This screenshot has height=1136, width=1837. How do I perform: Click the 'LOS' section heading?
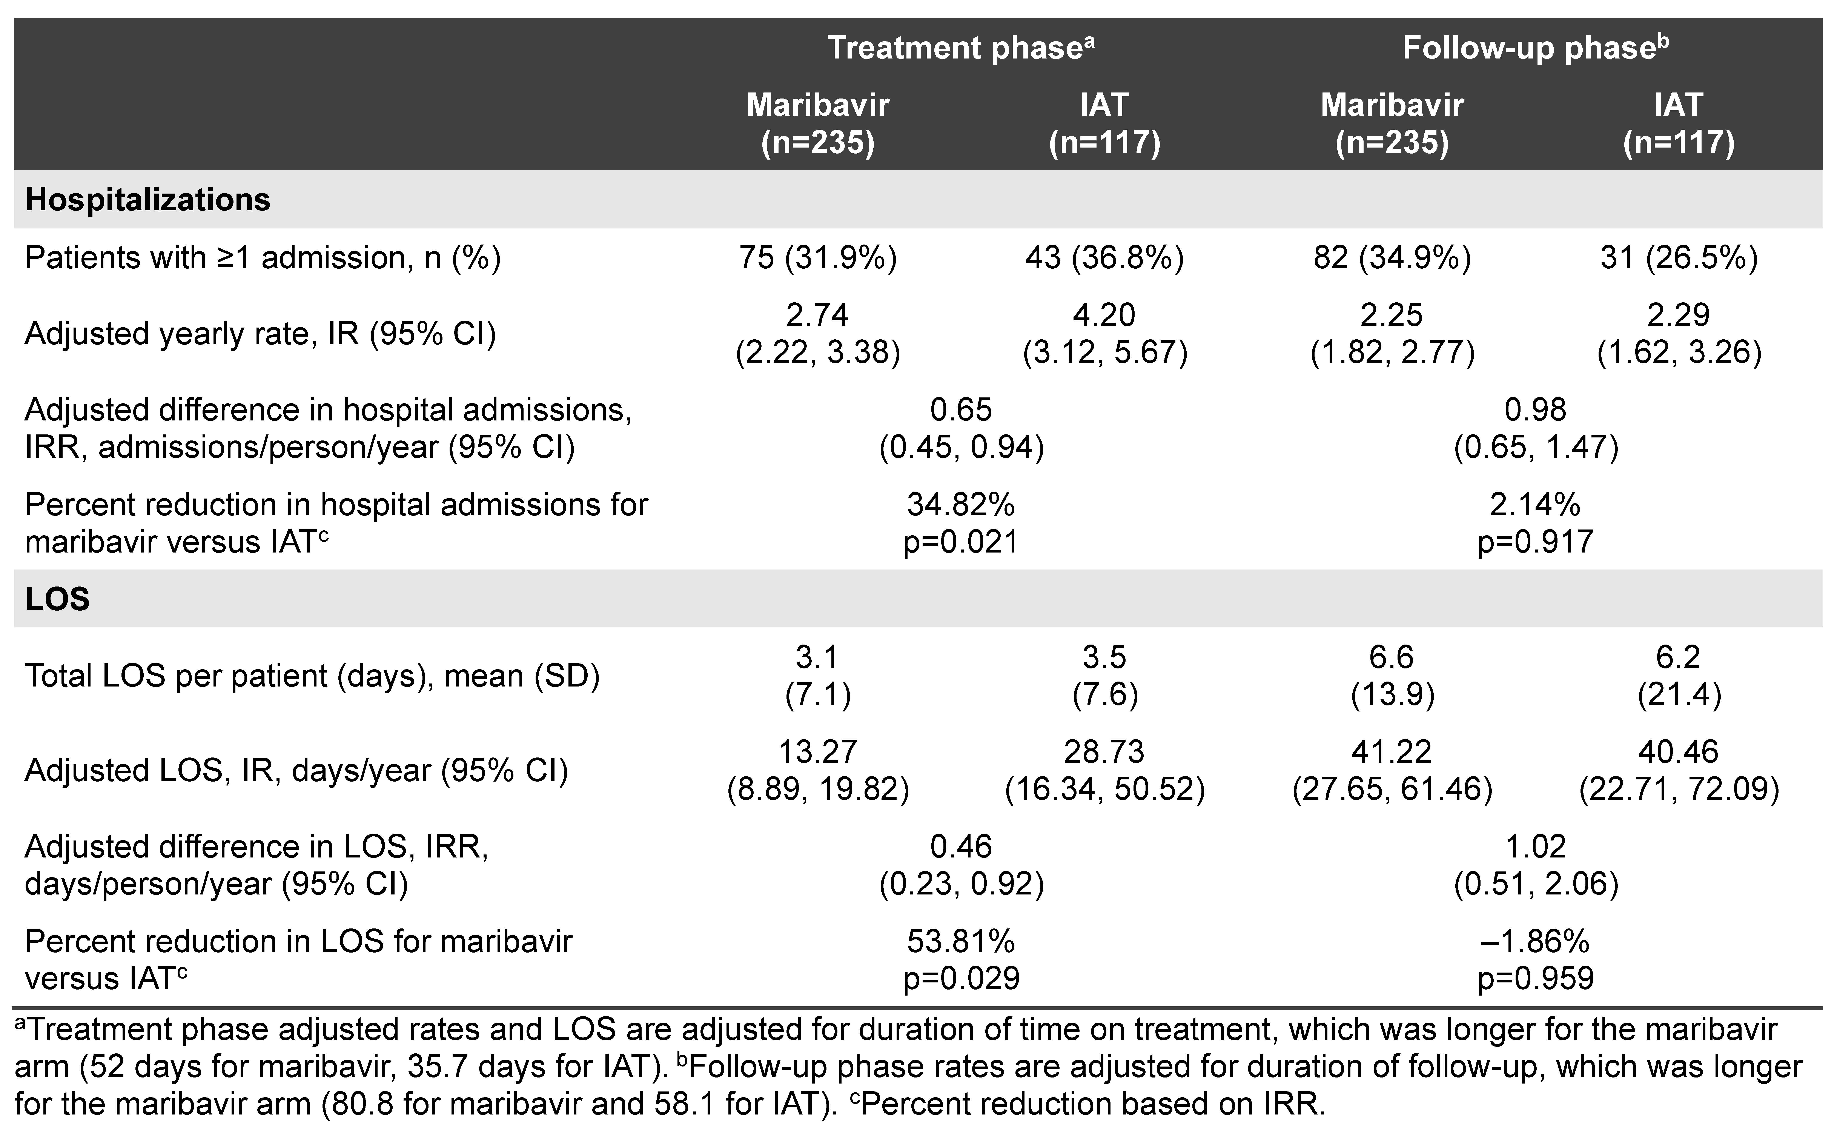[57, 599]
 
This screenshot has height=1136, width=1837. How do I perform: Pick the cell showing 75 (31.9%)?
[818, 258]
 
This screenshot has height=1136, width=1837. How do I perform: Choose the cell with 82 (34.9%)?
[1392, 258]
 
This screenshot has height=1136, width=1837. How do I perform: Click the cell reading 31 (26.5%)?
[1679, 258]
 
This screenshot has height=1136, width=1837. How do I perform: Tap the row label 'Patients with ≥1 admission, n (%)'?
[262, 258]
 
